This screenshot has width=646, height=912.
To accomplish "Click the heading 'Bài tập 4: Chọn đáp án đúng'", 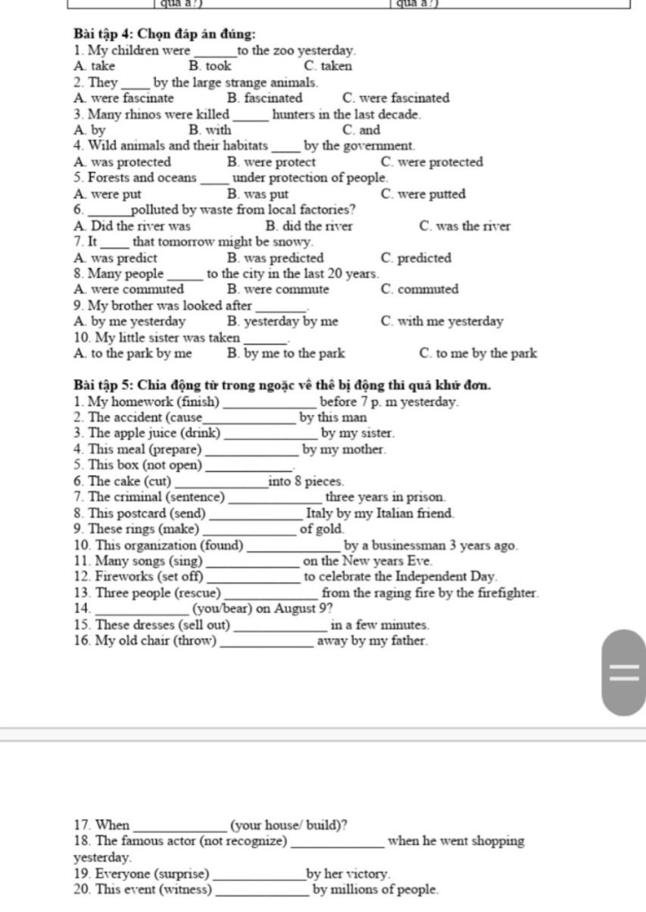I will [165, 33].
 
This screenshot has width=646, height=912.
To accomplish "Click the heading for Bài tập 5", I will [282, 385].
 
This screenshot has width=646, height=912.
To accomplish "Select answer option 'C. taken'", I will [328, 66].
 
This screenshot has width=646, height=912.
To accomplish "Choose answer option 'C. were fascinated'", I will [396, 98].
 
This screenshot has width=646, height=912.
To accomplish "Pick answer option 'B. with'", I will [210, 131].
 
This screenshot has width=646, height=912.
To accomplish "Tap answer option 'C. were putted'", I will [423, 194].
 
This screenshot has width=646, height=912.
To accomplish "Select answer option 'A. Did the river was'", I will [132, 226].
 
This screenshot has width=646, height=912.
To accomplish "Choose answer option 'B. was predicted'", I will [275, 258].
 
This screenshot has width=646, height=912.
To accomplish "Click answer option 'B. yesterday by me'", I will [283, 322].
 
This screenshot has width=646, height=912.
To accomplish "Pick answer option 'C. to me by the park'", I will [478, 353].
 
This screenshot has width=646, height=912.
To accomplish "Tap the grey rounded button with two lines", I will [623, 672].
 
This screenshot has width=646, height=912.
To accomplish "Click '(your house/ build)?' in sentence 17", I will [289, 826].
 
